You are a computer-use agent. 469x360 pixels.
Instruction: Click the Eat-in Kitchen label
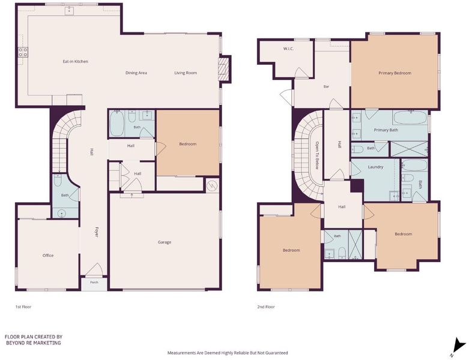click(x=76, y=62)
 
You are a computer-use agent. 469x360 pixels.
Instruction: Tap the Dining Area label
click(x=136, y=73)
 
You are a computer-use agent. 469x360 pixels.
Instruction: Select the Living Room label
click(x=186, y=73)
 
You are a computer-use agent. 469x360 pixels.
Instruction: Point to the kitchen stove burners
click(x=23, y=52)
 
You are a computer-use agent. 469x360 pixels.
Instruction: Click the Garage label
click(x=165, y=242)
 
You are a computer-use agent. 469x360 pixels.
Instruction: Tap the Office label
click(x=48, y=256)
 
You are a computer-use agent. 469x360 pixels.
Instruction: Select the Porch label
click(x=94, y=283)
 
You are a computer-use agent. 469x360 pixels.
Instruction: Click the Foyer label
click(x=96, y=232)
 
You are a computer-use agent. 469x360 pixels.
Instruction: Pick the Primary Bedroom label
click(x=395, y=73)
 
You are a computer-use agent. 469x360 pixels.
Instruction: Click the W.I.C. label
click(x=288, y=49)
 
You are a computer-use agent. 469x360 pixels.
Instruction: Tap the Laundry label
click(x=376, y=167)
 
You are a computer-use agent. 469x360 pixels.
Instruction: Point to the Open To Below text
click(x=316, y=155)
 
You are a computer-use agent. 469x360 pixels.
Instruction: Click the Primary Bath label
click(x=386, y=130)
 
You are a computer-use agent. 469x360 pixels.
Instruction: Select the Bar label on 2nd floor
click(x=326, y=86)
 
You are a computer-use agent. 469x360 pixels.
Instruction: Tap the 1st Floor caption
click(x=23, y=307)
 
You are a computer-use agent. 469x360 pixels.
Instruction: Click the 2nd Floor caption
click(x=266, y=307)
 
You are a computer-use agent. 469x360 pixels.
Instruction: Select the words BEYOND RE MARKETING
click(x=34, y=343)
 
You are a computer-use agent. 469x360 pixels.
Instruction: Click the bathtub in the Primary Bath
click(x=410, y=118)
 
